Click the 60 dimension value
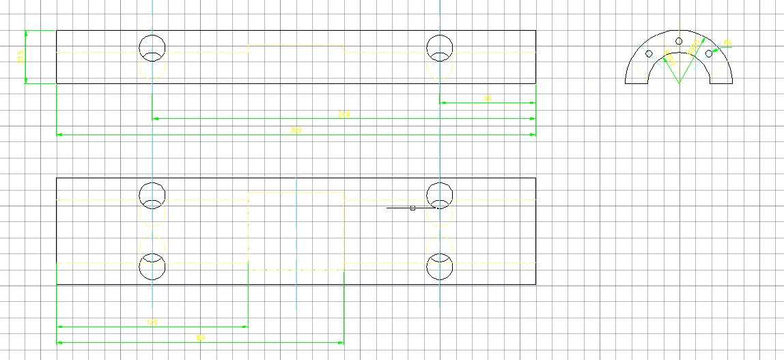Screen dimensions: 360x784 488,98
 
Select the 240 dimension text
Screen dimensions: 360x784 344,114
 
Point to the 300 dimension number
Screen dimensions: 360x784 296,130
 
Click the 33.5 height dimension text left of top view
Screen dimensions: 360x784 20,58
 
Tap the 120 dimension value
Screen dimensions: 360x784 152,322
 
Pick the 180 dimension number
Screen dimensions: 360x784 200,337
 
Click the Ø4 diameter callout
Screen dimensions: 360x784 727,43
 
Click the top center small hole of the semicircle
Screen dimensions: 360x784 679,42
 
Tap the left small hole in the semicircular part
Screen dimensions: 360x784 649,54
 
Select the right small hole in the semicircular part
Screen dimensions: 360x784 709,54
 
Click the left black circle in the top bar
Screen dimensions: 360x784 152,46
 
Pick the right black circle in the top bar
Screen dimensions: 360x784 440,46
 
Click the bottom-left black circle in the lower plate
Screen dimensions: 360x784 152,267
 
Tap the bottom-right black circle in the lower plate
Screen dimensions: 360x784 440,267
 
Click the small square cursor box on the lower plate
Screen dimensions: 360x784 412,208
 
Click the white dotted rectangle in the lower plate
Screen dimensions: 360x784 296,231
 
